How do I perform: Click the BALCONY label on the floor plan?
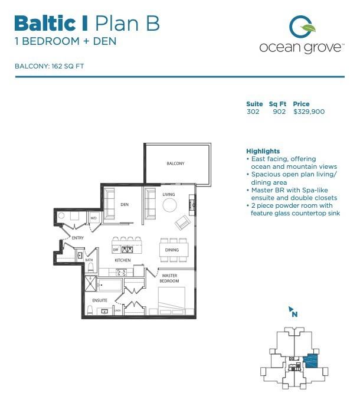[x=175, y=163]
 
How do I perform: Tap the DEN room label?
[x=125, y=205]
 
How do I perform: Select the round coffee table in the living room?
[x=169, y=205]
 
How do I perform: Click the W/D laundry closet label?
[x=93, y=218]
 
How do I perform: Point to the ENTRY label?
[x=78, y=238]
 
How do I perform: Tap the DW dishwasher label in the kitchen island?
[x=116, y=250]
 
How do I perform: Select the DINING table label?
[x=172, y=250]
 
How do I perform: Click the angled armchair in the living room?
[x=183, y=223]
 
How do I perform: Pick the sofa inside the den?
[x=109, y=201]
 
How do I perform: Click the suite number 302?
[x=253, y=112]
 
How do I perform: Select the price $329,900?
[x=309, y=112]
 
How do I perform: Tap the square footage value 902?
[x=279, y=112]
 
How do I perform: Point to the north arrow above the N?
[x=291, y=307]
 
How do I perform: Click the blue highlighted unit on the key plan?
[x=310, y=361]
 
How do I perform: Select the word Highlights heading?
[x=263, y=151]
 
